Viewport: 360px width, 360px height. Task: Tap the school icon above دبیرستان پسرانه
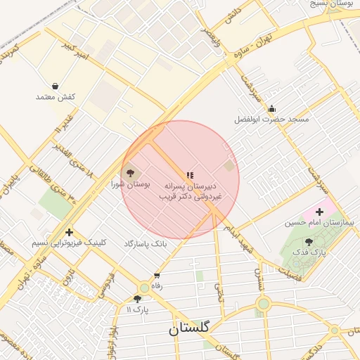189,174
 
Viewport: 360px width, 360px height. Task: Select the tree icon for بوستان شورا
129,172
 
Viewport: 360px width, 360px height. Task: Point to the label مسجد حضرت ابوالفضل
272,120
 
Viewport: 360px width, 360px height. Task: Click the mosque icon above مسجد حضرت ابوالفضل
271,109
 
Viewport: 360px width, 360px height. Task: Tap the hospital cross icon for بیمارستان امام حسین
320,211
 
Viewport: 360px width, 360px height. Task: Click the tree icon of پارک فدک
309,242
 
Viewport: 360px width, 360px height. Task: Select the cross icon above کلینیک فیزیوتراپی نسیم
69,232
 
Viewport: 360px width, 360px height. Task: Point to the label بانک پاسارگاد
146,243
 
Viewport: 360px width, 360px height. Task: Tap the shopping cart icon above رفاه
156,276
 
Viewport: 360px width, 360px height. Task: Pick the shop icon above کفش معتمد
56,86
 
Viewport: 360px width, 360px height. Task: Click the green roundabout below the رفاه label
144,288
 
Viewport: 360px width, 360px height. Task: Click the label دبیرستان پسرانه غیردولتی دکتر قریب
189,192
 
